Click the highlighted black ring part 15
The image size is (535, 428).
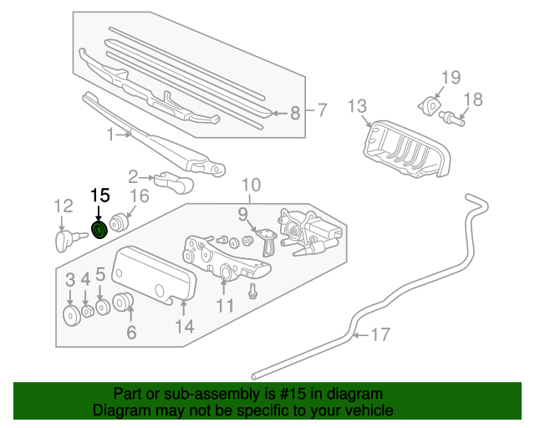coord(99,229)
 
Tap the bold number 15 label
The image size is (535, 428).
coord(99,196)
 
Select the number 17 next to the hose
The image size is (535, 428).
coord(380,335)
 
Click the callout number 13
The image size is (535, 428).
coord(357,106)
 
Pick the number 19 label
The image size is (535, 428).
coord(451,78)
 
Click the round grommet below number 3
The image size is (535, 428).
coord(71,315)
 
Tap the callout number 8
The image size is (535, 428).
coord(294,113)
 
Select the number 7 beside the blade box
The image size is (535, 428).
coord(323,109)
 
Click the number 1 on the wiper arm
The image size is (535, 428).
coord(110,134)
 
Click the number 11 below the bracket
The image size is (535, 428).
coord(226,306)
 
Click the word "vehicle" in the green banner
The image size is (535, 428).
coord(364,410)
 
